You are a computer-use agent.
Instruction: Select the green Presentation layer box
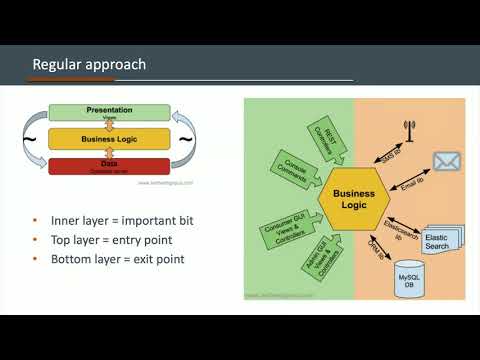pos(110,113)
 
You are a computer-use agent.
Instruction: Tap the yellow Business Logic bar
pos(110,140)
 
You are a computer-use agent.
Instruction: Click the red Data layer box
pos(110,166)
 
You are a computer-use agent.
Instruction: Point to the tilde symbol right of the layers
pos(187,140)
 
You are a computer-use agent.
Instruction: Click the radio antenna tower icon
pos(407,131)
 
